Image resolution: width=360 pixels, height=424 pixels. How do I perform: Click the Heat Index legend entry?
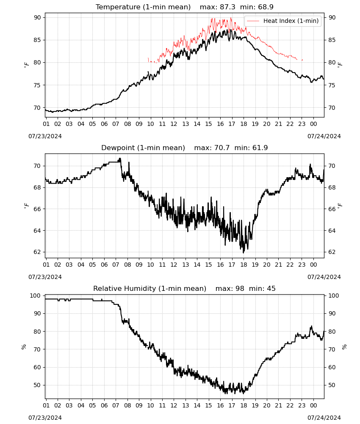tap(283, 21)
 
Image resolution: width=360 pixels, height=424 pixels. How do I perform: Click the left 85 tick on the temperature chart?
tap(37, 40)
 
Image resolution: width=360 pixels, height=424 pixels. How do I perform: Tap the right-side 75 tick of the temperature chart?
tap(332, 85)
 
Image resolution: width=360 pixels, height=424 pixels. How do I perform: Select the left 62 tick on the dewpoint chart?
tap(37, 252)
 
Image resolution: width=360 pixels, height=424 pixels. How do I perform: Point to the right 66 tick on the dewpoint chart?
tap(332, 209)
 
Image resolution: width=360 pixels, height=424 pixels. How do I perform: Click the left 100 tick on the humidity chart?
tap(36, 296)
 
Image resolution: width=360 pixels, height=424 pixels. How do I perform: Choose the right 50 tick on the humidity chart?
tap(332, 385)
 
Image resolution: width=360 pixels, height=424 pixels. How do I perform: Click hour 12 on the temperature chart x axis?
tap(174, 124)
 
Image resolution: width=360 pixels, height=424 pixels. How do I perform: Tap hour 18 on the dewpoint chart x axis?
tap(244, 265)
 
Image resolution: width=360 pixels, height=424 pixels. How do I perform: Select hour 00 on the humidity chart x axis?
tap(313, 405)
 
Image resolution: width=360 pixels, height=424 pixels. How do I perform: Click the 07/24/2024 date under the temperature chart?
tap(324, 136)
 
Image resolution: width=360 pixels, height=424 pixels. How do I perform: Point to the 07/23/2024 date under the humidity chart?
tap(45, 418)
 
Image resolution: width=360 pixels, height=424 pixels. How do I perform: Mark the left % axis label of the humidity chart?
tap(24, 347)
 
